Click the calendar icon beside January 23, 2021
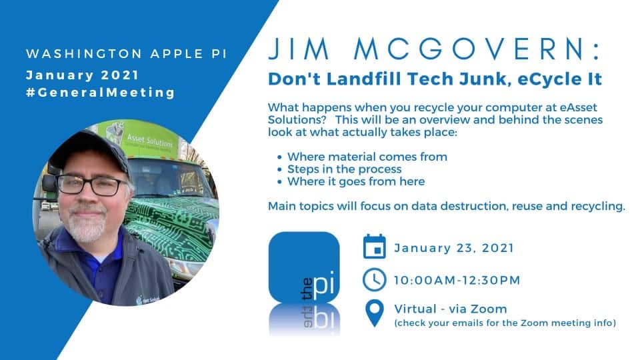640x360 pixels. pyautogui.click(x=374, y=247)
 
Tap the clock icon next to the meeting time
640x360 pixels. pyautogui.click(x=374, y=280)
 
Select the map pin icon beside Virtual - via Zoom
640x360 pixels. pyautogui.click(x=374, y=313)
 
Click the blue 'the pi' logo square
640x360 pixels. pyautogui.click(x=304, y=267)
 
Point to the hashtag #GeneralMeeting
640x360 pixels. pyautogui.click(x=101, y=93)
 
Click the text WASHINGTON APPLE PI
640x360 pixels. pyautogui.click(x=127, y=54)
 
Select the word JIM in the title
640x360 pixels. pyautogui.click(x=299, y=49)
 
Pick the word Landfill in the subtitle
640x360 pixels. pyautogui.click(x=364, y=79)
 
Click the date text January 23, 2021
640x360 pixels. pyautogui.click(x=454, y=248)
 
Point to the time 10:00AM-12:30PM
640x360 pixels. pyautogui.click(x=457, y=281)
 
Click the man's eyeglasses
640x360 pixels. pyautogui.click(x=92, y=185)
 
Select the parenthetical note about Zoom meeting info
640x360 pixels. pyautogui.click(x=505, y=323)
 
